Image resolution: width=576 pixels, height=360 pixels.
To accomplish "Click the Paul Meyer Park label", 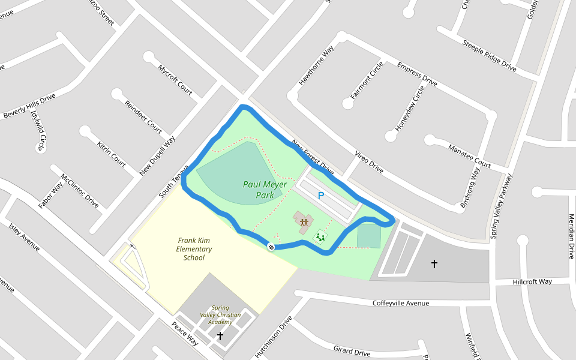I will pyautogui.click(x=265, y=190).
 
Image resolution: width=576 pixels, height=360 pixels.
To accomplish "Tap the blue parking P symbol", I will pyautogui.click(x=321, y=196).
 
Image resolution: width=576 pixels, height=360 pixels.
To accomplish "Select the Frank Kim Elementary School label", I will pyautogui.click(x=194, y=249).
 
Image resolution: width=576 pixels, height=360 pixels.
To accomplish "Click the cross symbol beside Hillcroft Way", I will pyautogui.click(x=434, y=263).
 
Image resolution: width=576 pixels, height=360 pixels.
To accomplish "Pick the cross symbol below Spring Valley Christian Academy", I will pyautogui.click(x=220, y=336).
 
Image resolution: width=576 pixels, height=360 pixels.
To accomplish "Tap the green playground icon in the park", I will pyautogui.click(x=321, y=237).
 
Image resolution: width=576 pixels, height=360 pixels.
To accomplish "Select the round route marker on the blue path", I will pyautogui.click(x=271, y=247).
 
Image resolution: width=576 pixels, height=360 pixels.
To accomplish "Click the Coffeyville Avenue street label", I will pyautogui.click(x=401, y=303).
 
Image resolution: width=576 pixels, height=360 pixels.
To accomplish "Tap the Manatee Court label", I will pyautogui.click(x=469, y=155).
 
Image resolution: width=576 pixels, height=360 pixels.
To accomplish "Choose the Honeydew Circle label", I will pyautogui.click(x=410, y=109).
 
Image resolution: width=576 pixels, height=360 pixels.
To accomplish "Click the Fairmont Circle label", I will pyautogui.click(x=367, y=80).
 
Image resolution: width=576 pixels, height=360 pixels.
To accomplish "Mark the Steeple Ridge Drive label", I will pyautogui.click(x=489, y=55).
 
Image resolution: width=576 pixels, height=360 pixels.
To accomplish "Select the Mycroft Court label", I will pyautogui.click(x=175, y=79).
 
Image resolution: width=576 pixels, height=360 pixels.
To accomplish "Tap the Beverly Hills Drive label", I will pyautogui.click(x=29, y=106).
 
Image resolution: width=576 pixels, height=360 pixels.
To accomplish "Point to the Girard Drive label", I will pyautogui.click(x=352, y=351).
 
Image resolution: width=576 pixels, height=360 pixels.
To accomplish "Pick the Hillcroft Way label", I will pyautogui.click(x=532, y=281).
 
